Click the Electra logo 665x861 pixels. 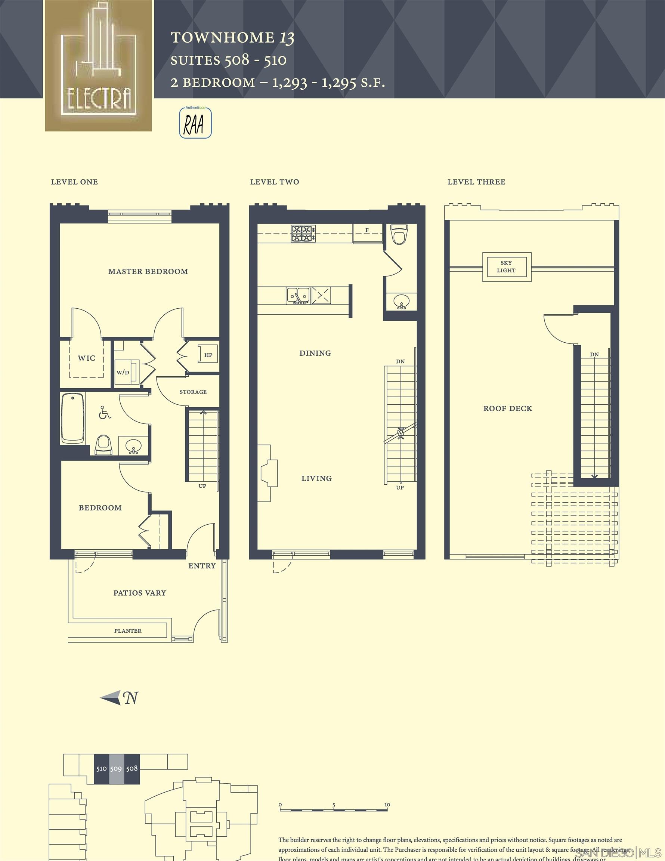click(99, 65)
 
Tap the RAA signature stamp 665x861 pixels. click(195, 123)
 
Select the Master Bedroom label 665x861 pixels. click(148, 272)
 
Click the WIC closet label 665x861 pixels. click(86, 358)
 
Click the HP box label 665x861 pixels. click(208, 355)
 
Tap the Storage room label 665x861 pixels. click(193, 392)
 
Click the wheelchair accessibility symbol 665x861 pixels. click(105, 413)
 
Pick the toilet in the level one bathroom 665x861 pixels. click(103, 445)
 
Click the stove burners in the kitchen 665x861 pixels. click(303, 234)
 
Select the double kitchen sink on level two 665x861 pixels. click(298, 296)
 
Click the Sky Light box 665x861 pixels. click(507, 267)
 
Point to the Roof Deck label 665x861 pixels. click(508, 409)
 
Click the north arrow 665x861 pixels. click(119, 698)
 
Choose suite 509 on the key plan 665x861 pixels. click(116, 769)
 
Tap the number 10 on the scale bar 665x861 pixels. click(387, 805)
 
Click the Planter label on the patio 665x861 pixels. click(128, 631)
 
